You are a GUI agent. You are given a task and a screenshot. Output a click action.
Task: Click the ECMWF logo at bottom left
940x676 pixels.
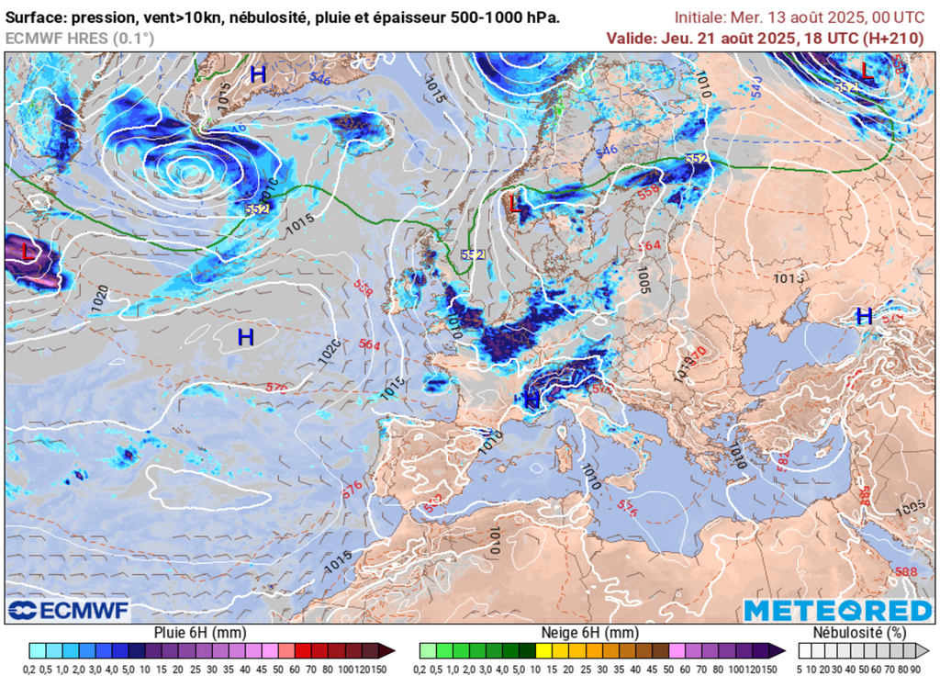pos(69,610)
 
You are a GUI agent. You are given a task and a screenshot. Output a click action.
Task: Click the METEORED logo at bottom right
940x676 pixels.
pos(837,610)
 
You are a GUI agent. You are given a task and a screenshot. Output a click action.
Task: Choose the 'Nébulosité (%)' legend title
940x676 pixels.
pos(860,633)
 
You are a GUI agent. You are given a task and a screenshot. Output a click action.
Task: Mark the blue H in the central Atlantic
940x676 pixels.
pos(245,337)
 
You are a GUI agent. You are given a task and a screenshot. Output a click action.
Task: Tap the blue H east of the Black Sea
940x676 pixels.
pos(864,317)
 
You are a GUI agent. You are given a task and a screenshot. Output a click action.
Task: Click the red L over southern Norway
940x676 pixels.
pos(515,204)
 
